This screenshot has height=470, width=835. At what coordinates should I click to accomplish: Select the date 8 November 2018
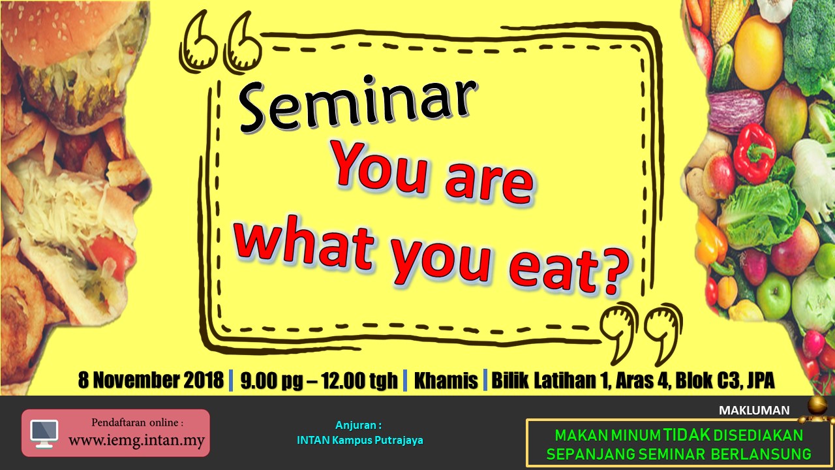[x=151, y=380]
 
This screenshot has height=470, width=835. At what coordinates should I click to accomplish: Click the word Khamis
[x=446, y=381]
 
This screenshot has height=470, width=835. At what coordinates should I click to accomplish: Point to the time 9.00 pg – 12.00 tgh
[x=319, y=381]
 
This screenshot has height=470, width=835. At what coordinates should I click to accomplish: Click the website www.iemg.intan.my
[x=136, y=441]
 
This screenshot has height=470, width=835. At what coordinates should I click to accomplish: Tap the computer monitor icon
[x=44, y=433]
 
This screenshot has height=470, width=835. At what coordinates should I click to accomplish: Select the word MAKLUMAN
[x=754, y=411]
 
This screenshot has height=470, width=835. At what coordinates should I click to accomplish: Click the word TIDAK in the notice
[x=687, y=435]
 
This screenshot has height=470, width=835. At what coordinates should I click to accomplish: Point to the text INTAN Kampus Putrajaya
[x=359, y=440]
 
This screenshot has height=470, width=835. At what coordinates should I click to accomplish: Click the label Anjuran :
[x=358, y=425]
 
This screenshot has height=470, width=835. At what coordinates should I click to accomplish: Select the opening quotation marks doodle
[x=220, y=43]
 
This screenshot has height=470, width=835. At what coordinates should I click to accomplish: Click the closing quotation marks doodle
[x=641, y=333]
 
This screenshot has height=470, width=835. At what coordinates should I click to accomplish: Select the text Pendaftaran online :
[x=138, y=422]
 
